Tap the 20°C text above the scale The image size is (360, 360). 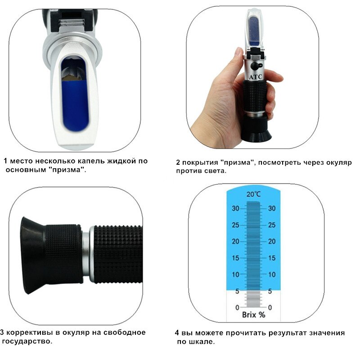click(253, 195)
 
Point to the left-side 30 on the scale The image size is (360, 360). click(235, 208)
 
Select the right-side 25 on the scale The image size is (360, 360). click(271, 225)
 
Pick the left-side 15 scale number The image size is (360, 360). click(235, 258)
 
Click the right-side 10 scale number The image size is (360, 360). click(271, 274)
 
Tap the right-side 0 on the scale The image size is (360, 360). click(270, 307)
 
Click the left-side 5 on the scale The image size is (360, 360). click(237, 291)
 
